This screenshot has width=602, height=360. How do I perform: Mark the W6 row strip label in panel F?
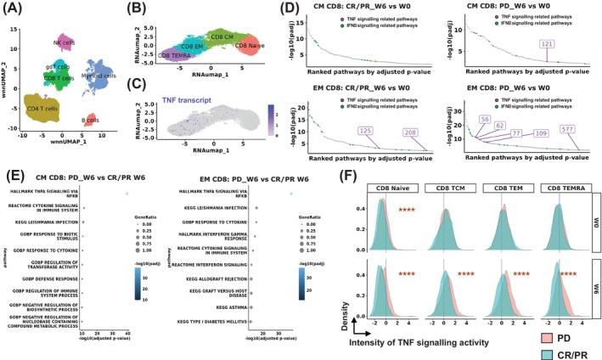click(x=594, y=278)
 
